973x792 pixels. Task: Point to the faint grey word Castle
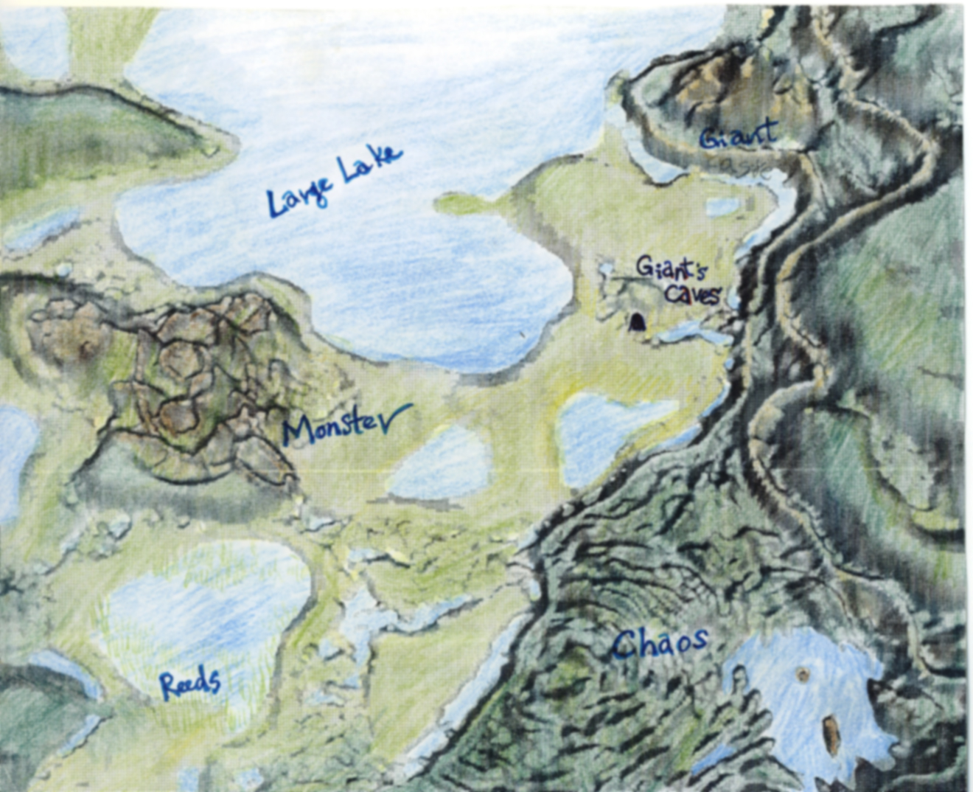pos(745,171)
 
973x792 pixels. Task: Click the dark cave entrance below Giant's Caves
pos(637,322)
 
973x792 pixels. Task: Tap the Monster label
pos(343,425)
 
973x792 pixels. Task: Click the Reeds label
pos(190,684)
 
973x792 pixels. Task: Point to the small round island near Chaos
pos(803,674)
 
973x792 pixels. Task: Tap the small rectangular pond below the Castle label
pos(721,206)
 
